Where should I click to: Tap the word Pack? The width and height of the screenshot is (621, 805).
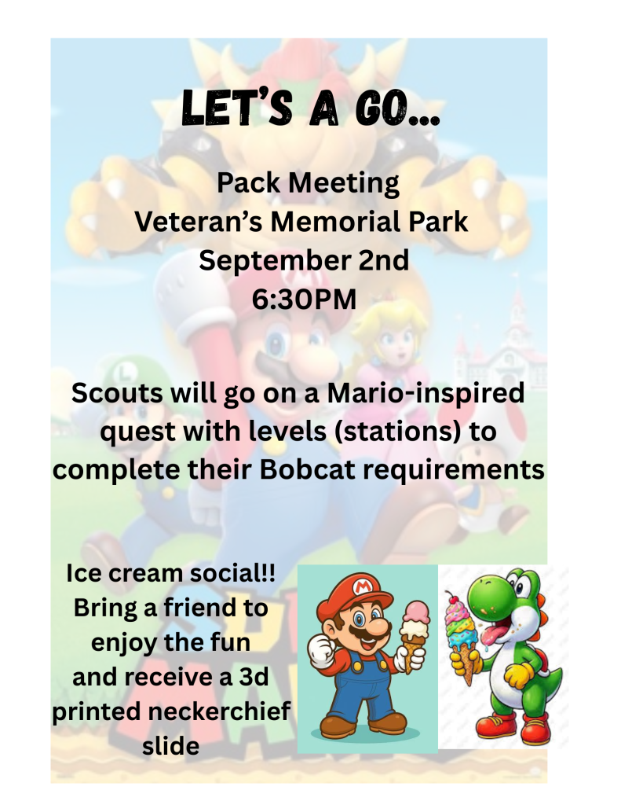(248, 182)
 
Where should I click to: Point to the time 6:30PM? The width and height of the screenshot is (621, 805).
(304, 300)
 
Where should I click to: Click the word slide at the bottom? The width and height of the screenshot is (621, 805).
(171, 746)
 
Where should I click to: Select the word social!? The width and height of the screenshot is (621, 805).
(232, 573)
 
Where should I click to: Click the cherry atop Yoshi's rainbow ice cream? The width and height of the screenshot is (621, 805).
(451, 598)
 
